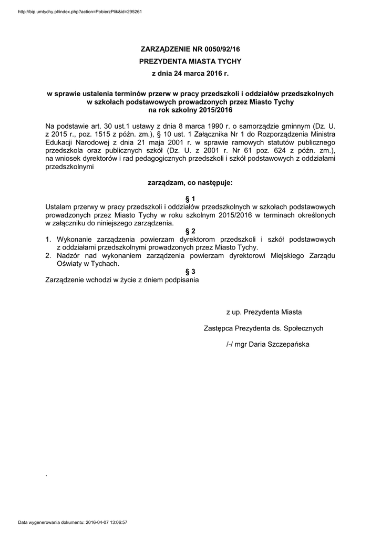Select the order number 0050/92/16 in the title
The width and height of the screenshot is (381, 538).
219,49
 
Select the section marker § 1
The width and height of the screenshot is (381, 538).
191,199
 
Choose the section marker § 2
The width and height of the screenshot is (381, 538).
191,231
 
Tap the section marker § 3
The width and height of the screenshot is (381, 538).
191,272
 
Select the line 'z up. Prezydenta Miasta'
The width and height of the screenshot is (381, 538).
264,312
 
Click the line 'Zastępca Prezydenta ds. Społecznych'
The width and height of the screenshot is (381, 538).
263,328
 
